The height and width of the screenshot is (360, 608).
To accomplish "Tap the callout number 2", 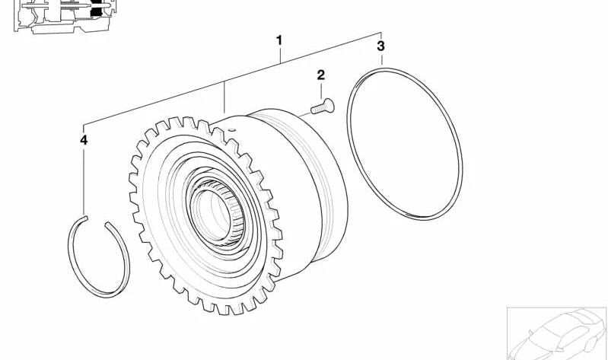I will coord(320,75).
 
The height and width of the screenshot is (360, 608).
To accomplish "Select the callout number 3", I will coord(381,46).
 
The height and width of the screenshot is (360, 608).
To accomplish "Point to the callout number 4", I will coord(84,140).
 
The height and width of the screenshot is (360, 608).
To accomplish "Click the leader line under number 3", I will coord(381,61).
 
